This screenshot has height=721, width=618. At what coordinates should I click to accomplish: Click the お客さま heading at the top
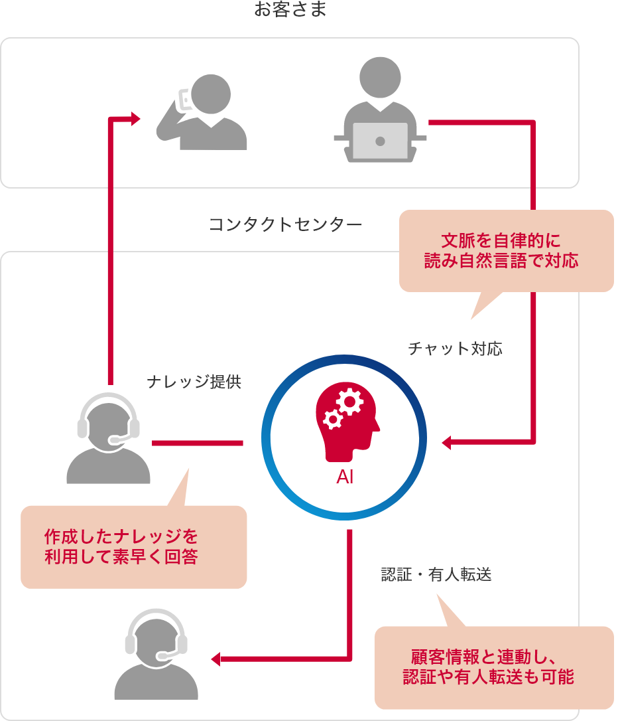pyautogui.click(x=290, y=10)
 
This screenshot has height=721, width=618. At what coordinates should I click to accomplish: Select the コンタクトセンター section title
pyautogui.click(x=285, y=224)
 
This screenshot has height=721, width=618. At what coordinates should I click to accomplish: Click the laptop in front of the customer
pyautogui.click(x=380, y=140)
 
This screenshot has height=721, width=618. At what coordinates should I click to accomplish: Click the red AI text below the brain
pyautogui.click(x=345, y=477)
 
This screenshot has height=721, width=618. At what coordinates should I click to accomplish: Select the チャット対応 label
pyautogui.click(x=455, y=349)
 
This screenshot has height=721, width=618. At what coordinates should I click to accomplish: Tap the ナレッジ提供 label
pyautogui.click(x=194, y=382)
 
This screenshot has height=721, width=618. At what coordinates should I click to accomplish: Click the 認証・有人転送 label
pyautogui.click(x=436, y=575)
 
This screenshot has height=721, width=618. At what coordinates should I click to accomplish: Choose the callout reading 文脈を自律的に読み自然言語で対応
pyautogui.click(x=506, y=250)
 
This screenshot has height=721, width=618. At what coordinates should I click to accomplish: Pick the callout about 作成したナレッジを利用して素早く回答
pyautogui.click(x=133, y=546)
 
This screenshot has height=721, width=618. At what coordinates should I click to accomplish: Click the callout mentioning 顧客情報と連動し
pyautogui.click(x=493, y=667)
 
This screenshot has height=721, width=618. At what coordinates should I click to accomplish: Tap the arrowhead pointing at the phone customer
pyautogui.click(x=135, y=119)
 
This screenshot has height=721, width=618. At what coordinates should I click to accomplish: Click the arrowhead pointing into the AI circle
pyautogui.click(x=447, y=442)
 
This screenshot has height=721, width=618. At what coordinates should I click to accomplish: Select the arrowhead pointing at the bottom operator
pyautogui.click(x=216, y=659)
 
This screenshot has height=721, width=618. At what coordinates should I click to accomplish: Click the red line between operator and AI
pyautogui.click(x=197, y=443)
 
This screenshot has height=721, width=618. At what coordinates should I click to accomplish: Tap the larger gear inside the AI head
pyautogui.click(x=349, y=402)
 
